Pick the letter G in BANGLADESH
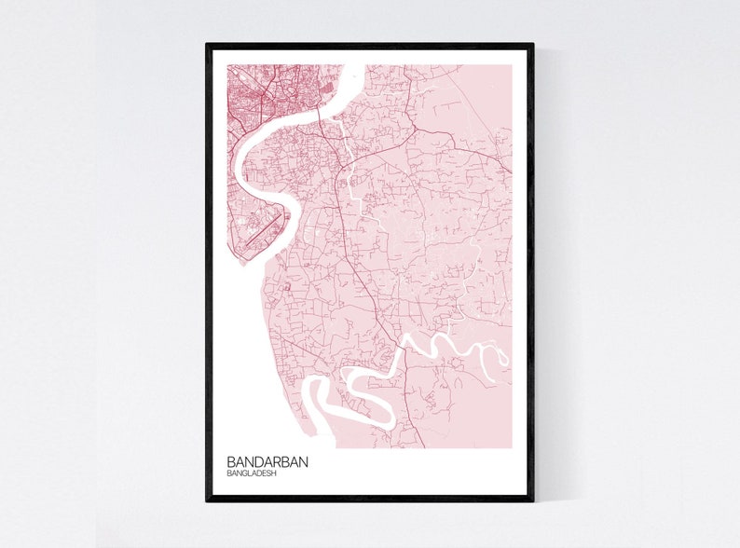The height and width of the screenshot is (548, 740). pos(245,473)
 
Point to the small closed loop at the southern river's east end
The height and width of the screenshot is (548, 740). pos(502,357)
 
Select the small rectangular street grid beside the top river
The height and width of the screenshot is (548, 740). pos(327,91)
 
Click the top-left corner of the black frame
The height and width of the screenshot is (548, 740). pos(208,44)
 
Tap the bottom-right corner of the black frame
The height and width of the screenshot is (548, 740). pos(533,500)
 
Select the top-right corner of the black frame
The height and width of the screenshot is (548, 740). pos(533,44)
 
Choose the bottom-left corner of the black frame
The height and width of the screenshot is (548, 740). pos(208,500)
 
